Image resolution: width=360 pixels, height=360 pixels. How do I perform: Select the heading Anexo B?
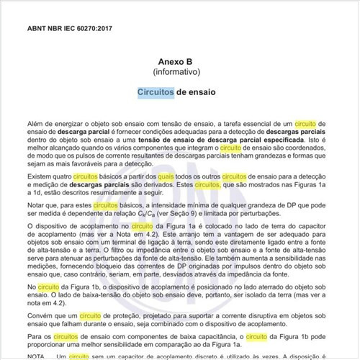(x=180, y=63)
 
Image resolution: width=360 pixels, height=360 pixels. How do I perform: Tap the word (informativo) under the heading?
(x=180, y=73)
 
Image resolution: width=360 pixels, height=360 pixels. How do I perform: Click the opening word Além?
(x=35, y=125)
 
